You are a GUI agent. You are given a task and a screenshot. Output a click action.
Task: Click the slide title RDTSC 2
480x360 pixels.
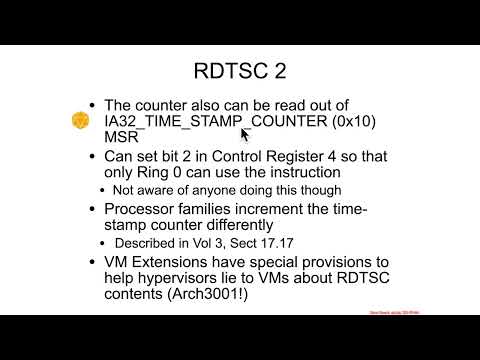point(239,71)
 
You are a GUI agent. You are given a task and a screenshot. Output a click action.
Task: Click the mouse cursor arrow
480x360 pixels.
point(244,133)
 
